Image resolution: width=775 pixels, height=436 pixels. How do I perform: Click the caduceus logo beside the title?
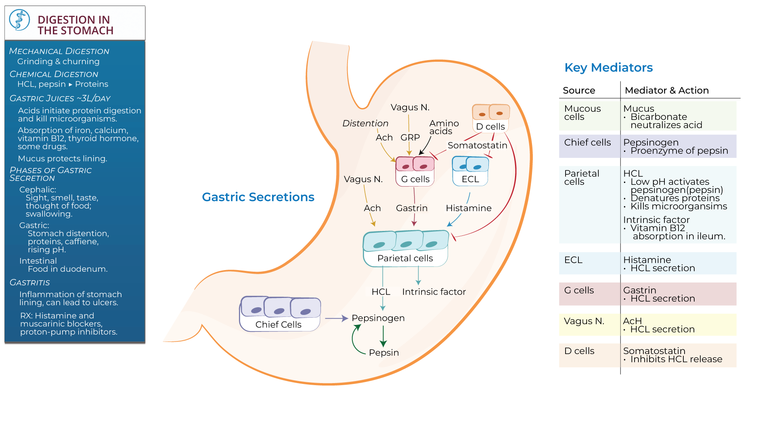pyautogui.click(x=19, y=20)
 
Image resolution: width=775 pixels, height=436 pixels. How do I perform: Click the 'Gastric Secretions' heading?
pyautogui.click(x=258, y=197)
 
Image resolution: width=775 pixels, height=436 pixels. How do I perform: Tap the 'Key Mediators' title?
pyautogui.click(x=608, y=67)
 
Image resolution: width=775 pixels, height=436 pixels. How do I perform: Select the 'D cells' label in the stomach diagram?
pyautogui.click(x=490, y=126)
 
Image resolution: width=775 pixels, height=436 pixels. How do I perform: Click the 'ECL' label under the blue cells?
pyautogui.click(x=470, y=179)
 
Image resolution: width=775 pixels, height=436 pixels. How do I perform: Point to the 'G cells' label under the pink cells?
pyautogui.click(x=415, y=179)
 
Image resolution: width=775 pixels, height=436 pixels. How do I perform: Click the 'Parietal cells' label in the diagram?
pyautogui.click(x=405, y=258)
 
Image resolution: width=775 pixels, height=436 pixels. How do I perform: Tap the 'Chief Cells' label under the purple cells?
pyautogui.click(x=278, y=325)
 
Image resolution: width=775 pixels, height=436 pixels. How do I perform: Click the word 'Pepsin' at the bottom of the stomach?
pyautogui.click(x=383, y=352)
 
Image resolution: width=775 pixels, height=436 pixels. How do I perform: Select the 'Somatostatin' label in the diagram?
pyautogui.click(x=477, y=145)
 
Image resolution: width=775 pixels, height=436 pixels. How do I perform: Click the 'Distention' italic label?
pyautogui.click(x=365, y=124)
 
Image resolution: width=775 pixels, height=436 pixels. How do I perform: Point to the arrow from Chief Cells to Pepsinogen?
pyautogui.click(x=336, y=319)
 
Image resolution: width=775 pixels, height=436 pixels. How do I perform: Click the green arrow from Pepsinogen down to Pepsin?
pyautogui.click(x=383, y=336)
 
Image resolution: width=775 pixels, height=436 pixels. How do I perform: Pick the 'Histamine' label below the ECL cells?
pyautogui.click(x=468, y=208)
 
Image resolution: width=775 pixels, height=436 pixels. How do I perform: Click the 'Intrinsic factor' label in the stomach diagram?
pyautogui.click(x=434, y=292)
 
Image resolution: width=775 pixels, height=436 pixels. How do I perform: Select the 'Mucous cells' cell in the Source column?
pyautogui.click(x=582, y=113)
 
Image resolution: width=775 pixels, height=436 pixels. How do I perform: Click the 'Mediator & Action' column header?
pyautogui.click(x=666, y=90)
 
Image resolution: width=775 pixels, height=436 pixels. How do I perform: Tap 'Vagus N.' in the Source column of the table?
pyautogui.click(x=584, y=321)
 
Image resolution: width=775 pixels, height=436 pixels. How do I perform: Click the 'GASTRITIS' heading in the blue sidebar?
pyautogui.click(x=30, y=283)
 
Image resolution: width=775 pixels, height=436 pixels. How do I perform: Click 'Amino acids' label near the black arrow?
pyautogui.click(x=444, y=127)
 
